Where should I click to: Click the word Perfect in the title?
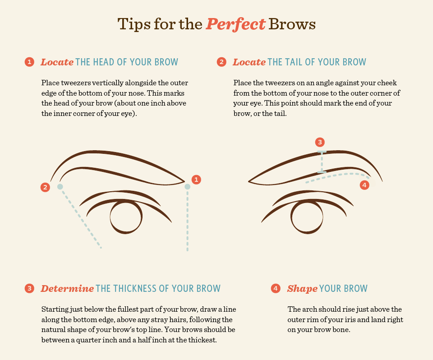235,24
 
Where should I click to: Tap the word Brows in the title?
292,24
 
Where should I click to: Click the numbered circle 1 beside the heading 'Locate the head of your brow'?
29,62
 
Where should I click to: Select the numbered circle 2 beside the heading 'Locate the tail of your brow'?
221,62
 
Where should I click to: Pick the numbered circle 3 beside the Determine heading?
29,288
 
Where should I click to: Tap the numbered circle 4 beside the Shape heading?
275,288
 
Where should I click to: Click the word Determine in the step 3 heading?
67,288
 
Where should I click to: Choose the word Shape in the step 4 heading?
302,289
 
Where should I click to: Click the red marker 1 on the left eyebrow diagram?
196,180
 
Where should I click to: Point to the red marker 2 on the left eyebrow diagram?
45,187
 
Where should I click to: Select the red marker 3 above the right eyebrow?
320,142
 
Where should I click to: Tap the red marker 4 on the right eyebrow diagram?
364,185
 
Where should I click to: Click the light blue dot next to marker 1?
188,187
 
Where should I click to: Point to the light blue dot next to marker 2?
60,187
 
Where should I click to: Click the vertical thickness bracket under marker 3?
322,162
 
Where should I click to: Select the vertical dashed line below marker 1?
188,221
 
